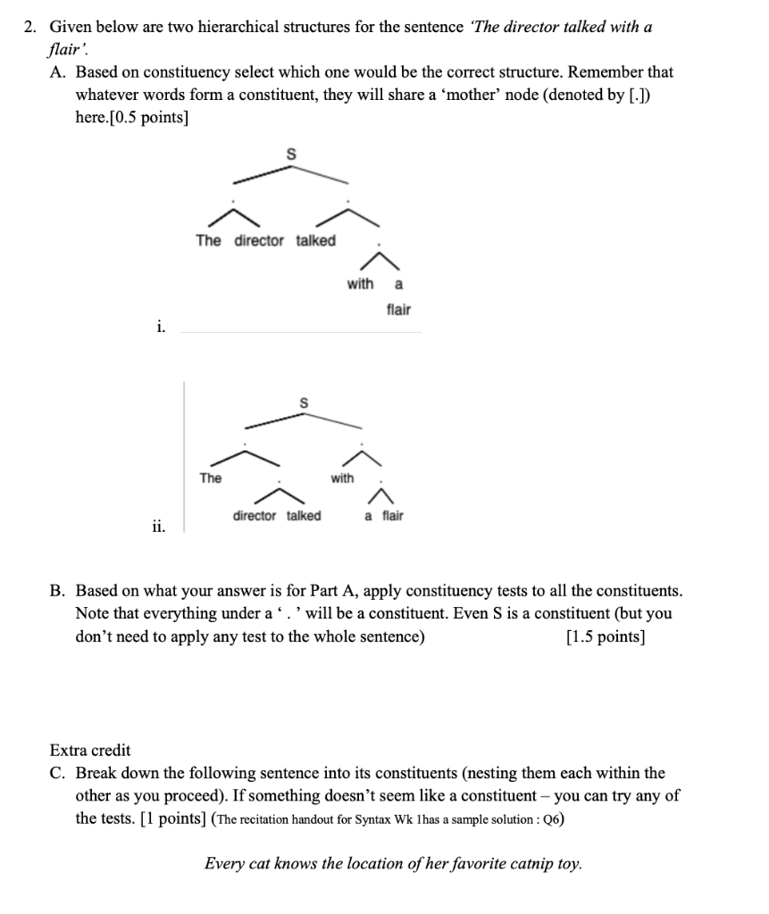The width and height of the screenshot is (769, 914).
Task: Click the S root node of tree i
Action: pos(289,154)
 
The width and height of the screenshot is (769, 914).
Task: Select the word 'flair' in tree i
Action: pos(398,310)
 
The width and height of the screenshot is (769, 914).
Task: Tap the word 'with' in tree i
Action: pos(360,284)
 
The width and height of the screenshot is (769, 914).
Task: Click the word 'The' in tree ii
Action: pos(211,478)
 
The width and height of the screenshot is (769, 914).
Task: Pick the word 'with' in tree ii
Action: pos(342,478)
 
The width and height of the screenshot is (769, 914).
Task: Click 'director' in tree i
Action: pos(259,241)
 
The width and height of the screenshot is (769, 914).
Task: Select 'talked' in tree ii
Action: pos(304,516)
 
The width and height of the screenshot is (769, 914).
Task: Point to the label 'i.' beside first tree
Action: pos(160,328)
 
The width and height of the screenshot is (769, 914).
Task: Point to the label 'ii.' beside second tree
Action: pos(157,526)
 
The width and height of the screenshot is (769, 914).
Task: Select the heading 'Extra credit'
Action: pos(90,750)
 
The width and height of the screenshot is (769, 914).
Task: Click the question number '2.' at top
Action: pos(29,28)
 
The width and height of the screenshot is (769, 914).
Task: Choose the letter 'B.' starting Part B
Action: pos(58,591)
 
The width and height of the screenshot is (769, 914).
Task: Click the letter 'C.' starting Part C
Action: pos(58,773)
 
